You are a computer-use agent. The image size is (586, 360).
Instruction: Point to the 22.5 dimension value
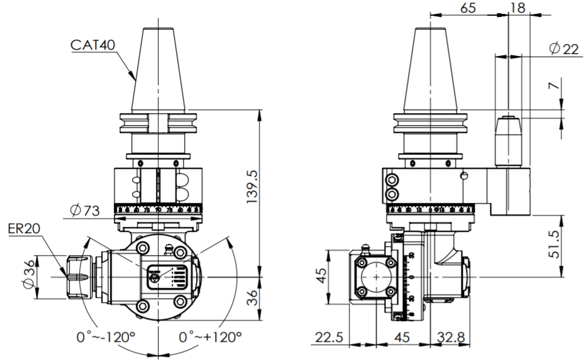329,337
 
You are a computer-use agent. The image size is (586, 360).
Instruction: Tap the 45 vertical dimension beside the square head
322,277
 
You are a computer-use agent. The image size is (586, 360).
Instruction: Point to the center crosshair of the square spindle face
375,277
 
